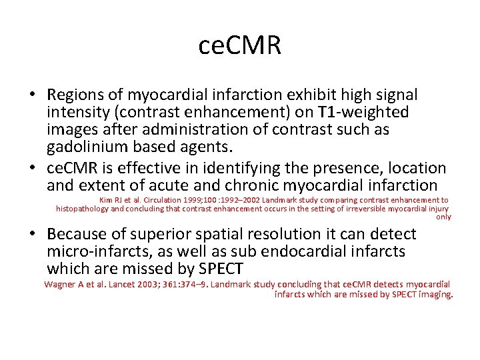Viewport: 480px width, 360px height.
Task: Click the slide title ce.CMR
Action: click(x=240, y=45)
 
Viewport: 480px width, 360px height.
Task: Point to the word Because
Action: click(x=77, y=234)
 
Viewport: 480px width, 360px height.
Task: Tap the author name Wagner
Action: click(x=58, y=284)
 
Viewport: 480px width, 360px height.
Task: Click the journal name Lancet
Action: click(x=112, y=284)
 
